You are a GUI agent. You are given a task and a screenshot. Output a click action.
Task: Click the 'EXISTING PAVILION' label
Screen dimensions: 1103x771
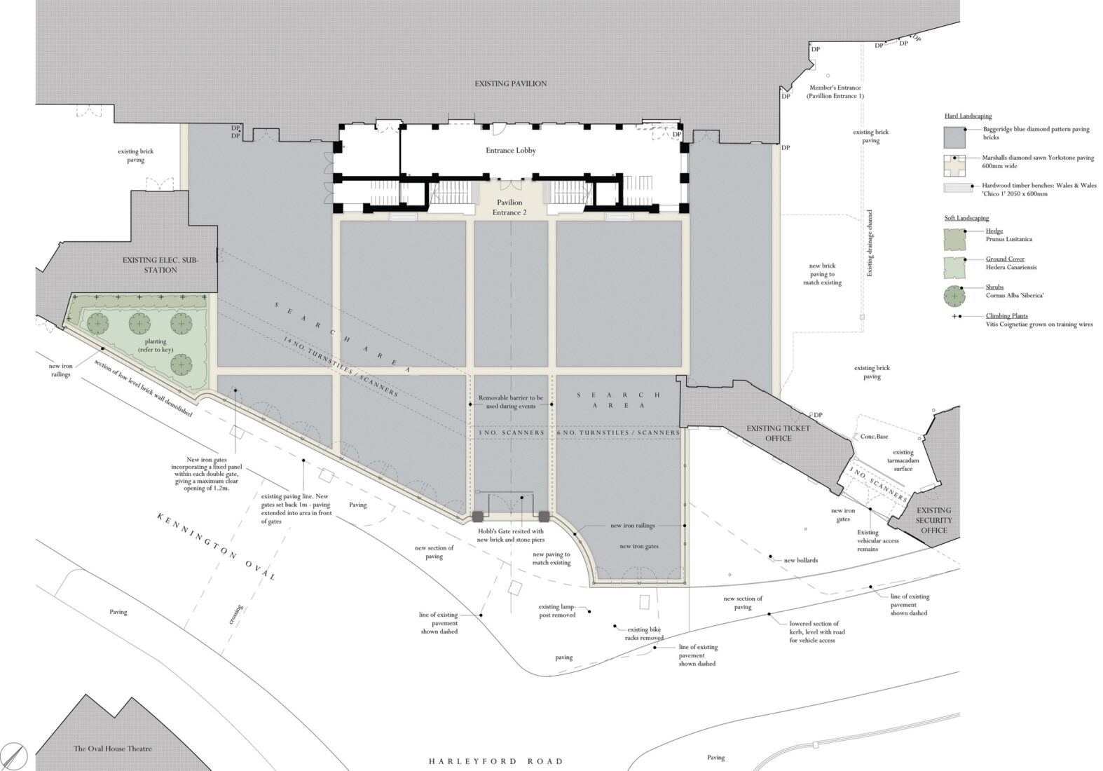pyautogui.click(x=510, y=83)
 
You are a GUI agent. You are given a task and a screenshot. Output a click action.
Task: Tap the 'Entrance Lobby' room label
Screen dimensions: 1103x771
pyautogui.click(x=511, y=150)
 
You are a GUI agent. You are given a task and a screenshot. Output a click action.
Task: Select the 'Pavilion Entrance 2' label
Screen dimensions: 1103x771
pyautogui.click(x=509, y=207)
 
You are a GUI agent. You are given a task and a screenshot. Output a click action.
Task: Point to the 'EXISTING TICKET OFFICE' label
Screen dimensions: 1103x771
pyautogui.click(x=778, y=433)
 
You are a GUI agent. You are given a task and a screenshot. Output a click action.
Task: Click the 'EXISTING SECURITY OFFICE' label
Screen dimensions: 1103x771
pyautogui.click(x=934, y=520)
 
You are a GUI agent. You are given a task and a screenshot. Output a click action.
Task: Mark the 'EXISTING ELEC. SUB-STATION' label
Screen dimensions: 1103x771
pyautogui.click(x=160, y=265)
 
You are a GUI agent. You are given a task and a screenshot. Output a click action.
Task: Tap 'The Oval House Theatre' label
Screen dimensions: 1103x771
pyautogui.click(x=113, y=749)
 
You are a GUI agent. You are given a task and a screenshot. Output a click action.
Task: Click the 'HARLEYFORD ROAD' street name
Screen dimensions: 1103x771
pyautogui.click(x=496, y=761)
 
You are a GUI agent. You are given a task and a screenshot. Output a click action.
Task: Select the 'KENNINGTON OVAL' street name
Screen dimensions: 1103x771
pyautogui.click(x=216, y=546)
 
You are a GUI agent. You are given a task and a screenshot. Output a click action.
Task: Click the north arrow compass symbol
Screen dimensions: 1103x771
pyautogui.click(x=15, y=756)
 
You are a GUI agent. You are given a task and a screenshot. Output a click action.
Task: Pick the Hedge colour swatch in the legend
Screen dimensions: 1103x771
pyautogui.click(x=954, y=240)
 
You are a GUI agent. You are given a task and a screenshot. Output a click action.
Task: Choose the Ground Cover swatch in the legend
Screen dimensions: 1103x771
pyautogui.click(x=954, y=268)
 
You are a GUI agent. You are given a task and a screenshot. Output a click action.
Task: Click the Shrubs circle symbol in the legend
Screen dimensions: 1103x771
pyautogui.click(x=954, y=296)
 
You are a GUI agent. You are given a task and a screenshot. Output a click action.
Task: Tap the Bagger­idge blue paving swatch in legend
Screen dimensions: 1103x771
pyautogui.click(x=954, y=137)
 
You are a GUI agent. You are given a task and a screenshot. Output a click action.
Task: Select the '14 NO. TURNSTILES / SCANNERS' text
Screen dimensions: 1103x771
pyautogui.click(x=341, y=367)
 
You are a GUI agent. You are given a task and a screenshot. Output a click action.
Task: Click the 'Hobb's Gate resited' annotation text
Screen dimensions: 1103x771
pyautogui.click(x=511, y=535)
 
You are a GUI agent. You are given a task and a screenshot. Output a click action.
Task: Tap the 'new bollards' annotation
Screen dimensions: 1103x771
pyautogui.click(x=801, y=560)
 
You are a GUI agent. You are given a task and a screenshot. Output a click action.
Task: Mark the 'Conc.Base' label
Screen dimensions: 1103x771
pyautogui.click(x=874, y=437)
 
